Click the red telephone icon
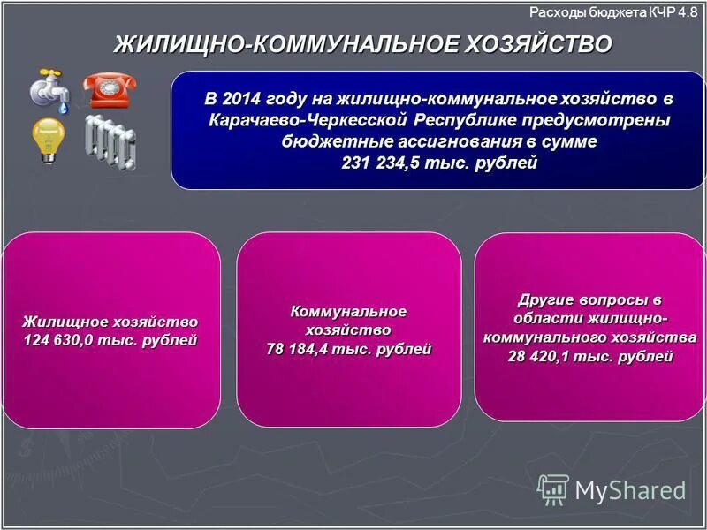click(x=110, y=89)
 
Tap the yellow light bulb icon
click(x=48, y=138)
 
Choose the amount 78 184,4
click(x=306, y=349)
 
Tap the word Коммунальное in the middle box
click(x=348, y=311)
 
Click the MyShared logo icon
click(x=553, y=488)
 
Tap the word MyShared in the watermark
click(x=630, y=490)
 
